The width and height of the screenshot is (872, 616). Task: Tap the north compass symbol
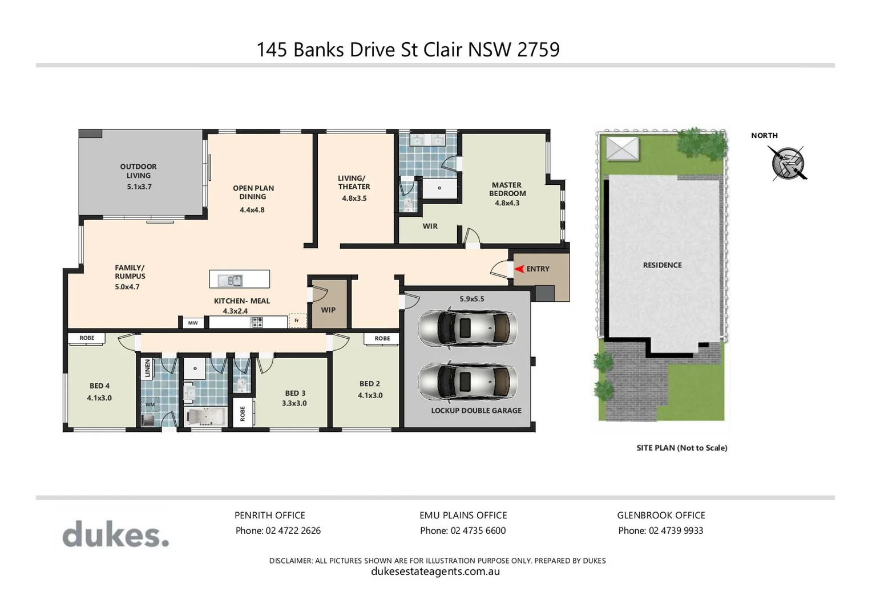788,163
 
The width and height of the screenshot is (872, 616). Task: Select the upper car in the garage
467,328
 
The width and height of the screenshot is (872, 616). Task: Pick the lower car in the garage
467,382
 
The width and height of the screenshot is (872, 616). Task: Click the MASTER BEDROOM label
507,189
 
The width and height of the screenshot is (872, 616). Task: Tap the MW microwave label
193,323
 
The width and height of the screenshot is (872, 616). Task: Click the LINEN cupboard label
148,368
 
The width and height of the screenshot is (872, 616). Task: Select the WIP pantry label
328,310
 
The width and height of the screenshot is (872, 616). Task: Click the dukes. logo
116,534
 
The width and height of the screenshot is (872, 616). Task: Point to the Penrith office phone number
278,530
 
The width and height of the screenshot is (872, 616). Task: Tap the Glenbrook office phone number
660,530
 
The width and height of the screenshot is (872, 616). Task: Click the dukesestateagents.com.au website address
435,572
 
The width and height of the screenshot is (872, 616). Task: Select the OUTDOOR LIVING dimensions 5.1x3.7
139,187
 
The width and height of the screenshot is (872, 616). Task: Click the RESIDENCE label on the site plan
662,265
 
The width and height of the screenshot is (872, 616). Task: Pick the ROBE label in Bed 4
87,338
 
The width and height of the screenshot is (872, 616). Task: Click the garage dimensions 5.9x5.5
471,299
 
